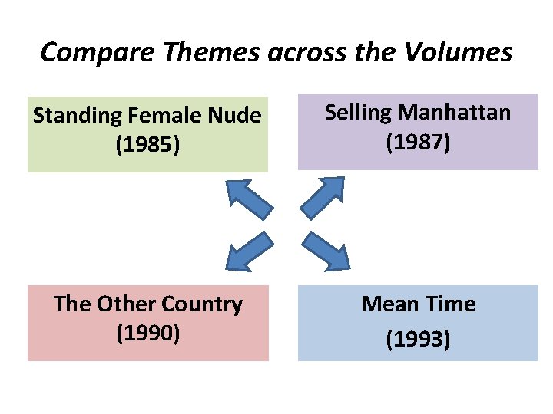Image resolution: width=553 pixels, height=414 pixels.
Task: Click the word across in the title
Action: [x=288, y=52]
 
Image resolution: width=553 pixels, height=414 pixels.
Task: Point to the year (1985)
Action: [x=148, y=144]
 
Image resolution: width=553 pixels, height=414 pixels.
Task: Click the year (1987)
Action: [x=418, y=142]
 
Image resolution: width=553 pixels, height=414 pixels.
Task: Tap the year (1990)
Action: [x=148, y=333]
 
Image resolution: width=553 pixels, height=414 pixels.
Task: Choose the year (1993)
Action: [x=418, y=338]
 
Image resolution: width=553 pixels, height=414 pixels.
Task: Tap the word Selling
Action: [x=359, y=113]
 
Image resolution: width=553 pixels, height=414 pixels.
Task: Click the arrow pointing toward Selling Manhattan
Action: [x=323, y=198]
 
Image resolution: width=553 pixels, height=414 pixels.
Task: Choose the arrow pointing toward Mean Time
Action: [x=326, y=251]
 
